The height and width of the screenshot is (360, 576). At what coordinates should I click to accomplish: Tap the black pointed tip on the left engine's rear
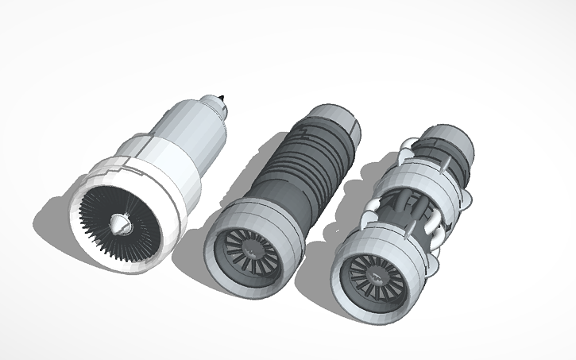(225, 101)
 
